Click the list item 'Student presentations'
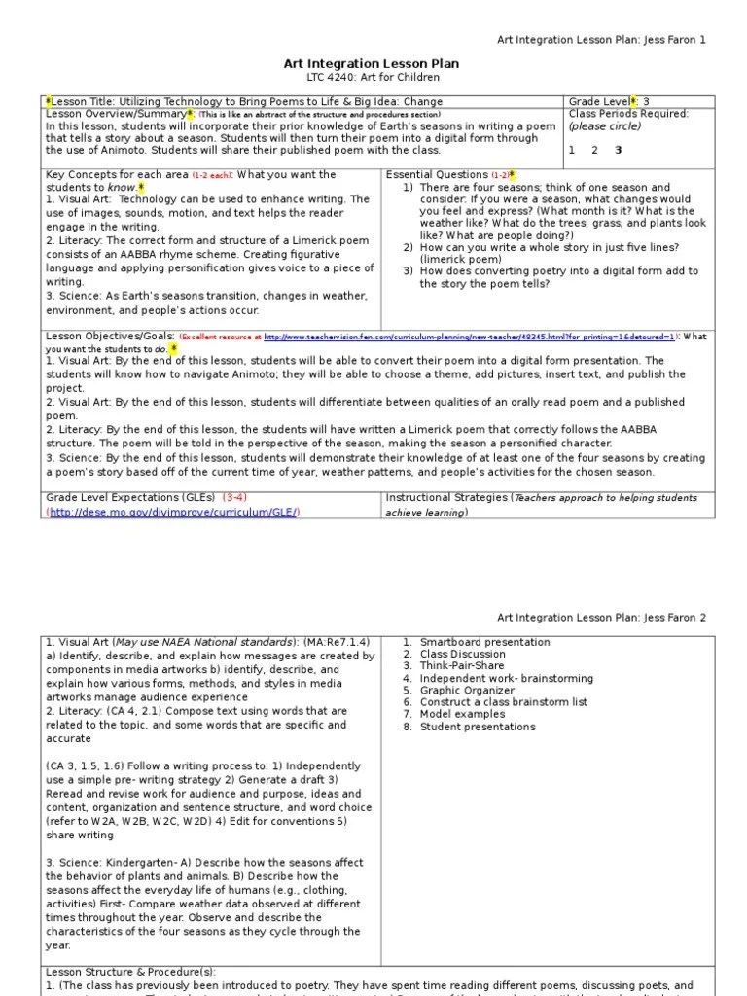click(478, 727)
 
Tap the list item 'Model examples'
click(461, 714)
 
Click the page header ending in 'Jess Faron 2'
click(601, 617)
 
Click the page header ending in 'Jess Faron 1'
click(601, 40)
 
